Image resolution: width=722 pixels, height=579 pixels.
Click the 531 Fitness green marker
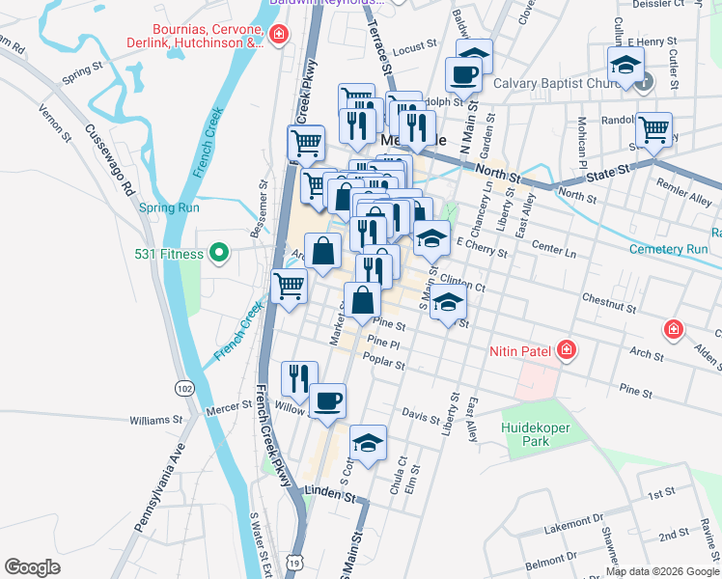click(x=218, y=254)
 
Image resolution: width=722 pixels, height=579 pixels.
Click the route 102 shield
click(x=183, y=387)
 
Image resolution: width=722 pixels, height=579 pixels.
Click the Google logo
click(x=32, y=566)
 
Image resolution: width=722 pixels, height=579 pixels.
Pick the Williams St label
click(x=155, y=420)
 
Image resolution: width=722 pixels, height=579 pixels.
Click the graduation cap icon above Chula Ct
click(x=368, y=442)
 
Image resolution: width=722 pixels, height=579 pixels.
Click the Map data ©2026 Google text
click(x=661, y=570)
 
